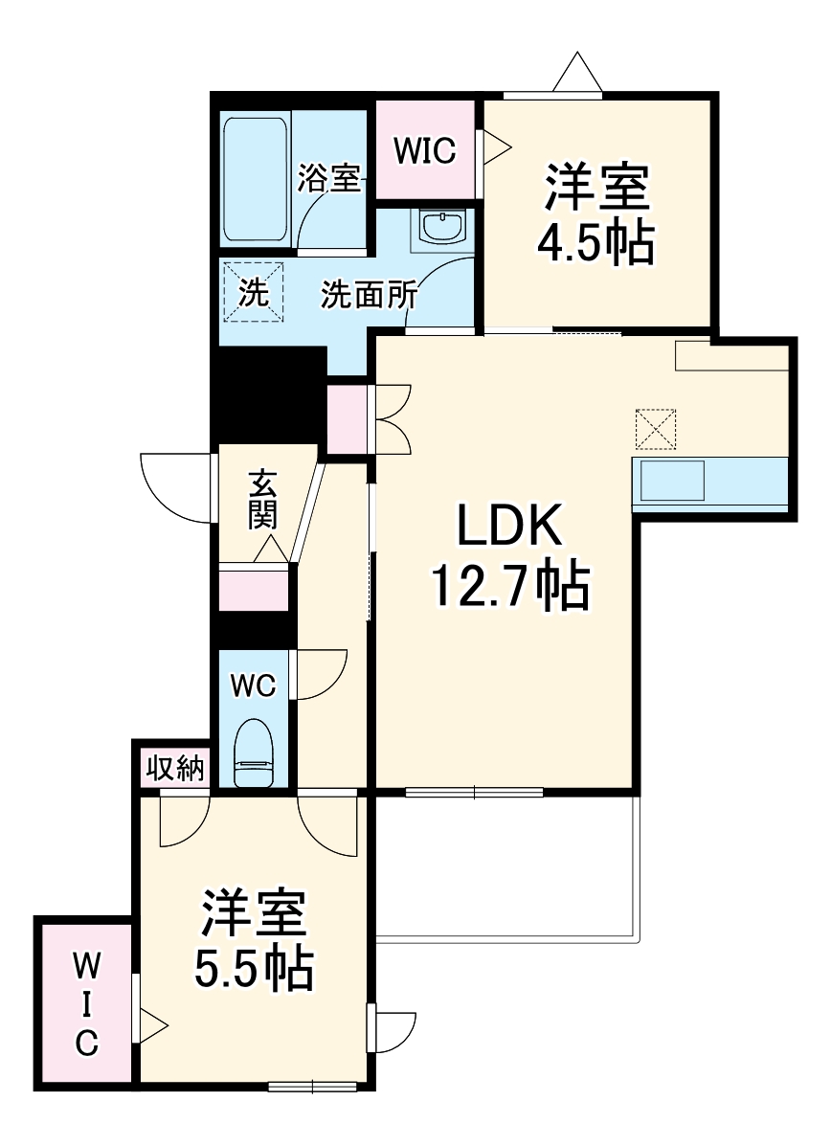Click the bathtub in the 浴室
pyautogui.click(x=256, y=181)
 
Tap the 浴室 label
pyautogui.click(x=328, y=179)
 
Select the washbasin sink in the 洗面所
pyautogui.click(x=442, y=227)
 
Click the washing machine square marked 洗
pyautogui.click(x=254, y=291)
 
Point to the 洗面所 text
pyautogui.click(x=369, y=295)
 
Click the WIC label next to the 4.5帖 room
pyautogui.click(x=426, y=151)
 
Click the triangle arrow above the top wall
pyautogui.click(x=575, y=73)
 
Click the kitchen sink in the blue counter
pyautogui.click(x=672, y=481)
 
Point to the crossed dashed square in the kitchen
pyautogui.click(x=656, y=428)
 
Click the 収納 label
pyautogui.click(x=176, y=767)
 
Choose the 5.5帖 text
pyautogui.click(x=254, y=969)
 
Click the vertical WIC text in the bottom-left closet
pyautogui.click(x=86, y=1002)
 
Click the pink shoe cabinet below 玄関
pyautogui.click(x=254, y=589)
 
